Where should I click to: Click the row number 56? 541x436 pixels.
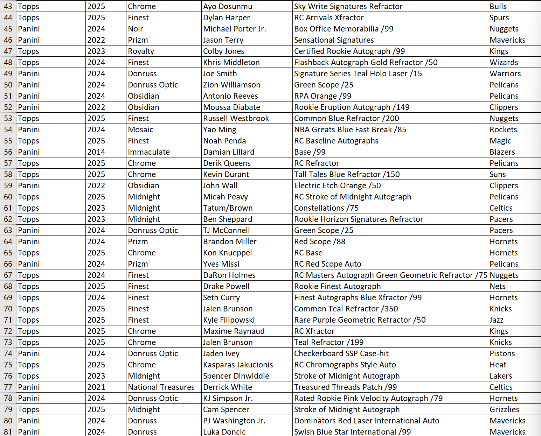pos(8,152)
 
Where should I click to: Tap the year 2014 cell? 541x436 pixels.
pos(96,152)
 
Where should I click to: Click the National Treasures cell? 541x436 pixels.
pos(161,387)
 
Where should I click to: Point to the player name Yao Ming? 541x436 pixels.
pos(220,129)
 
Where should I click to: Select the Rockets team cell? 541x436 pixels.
pos(503,129)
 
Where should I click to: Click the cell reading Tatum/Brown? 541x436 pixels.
pos(228,208)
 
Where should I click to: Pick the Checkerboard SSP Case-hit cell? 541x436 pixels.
pos(341,353)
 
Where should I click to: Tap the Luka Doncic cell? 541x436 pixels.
pos(224,432)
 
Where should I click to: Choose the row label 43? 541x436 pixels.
pos(8,6)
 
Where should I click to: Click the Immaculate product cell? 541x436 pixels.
pos(149,152)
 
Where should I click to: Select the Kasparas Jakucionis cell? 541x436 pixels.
pos(238,365)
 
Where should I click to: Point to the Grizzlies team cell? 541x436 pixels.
pos(504,409)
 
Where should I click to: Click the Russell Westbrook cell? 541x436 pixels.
pos(236,118)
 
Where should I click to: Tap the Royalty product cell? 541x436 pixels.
pos(141,51)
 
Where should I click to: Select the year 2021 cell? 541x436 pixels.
pos(96,387)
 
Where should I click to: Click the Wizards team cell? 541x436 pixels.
pos(504,62)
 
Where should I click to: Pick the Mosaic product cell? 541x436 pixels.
pos(140,129)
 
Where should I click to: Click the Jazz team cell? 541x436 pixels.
pos(496,320)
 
